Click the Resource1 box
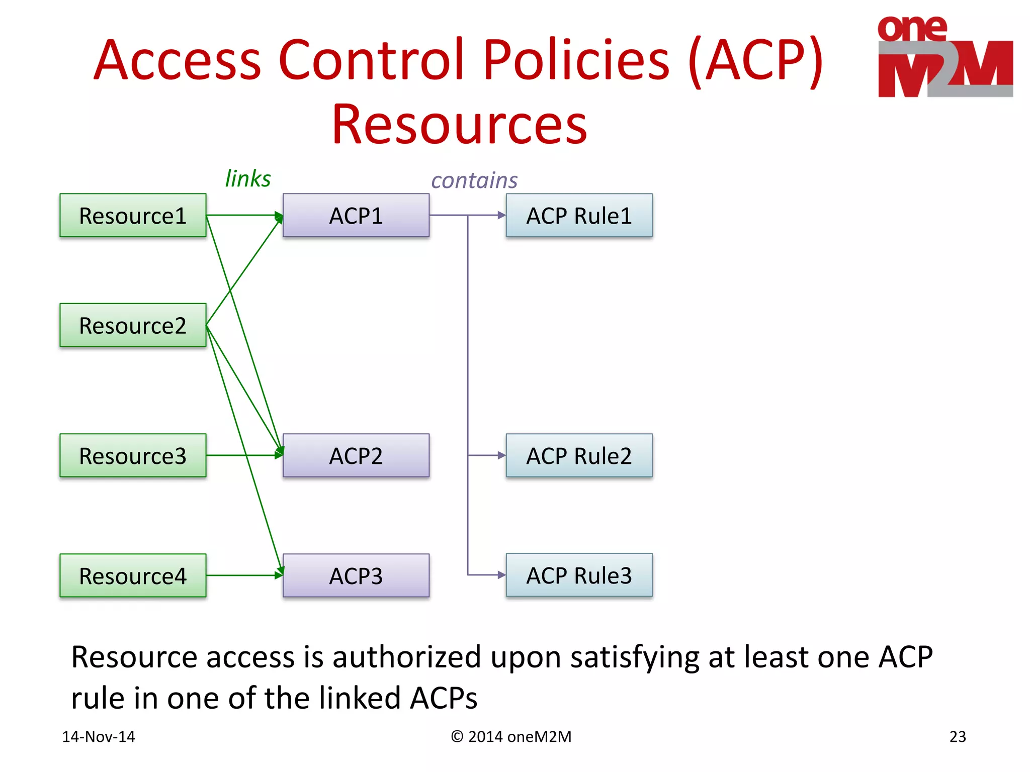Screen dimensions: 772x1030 [x=133, y=216]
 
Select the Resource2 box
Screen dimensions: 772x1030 [x=133, y=325]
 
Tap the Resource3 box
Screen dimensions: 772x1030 [x=133, y=455]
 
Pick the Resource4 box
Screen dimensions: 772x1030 [x=133, y=575]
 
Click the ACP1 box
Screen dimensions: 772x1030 [x=356, y=216]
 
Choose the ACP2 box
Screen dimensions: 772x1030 [x=356, y=455]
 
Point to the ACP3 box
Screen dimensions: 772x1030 [x=356, y=575]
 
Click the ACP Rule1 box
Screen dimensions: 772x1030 [x=579, y=216]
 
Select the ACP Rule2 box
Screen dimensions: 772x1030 [x=579, y=455]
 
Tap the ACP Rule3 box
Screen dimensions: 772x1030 [x=579, y=575]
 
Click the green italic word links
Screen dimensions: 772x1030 [x=247, y=178]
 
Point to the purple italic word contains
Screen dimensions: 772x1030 [x=474, y=180]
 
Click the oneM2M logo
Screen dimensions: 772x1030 [x=945, y=56]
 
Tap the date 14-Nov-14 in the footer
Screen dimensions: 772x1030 [x=99, y=736]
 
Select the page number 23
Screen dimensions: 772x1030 [x=958, y=736]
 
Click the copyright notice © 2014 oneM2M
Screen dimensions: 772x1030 [x=511, y=736]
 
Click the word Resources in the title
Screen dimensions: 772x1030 [x=459, y=124]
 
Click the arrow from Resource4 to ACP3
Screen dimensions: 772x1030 [x=241, y=575]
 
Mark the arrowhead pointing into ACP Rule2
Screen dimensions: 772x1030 [x=501, y=455]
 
